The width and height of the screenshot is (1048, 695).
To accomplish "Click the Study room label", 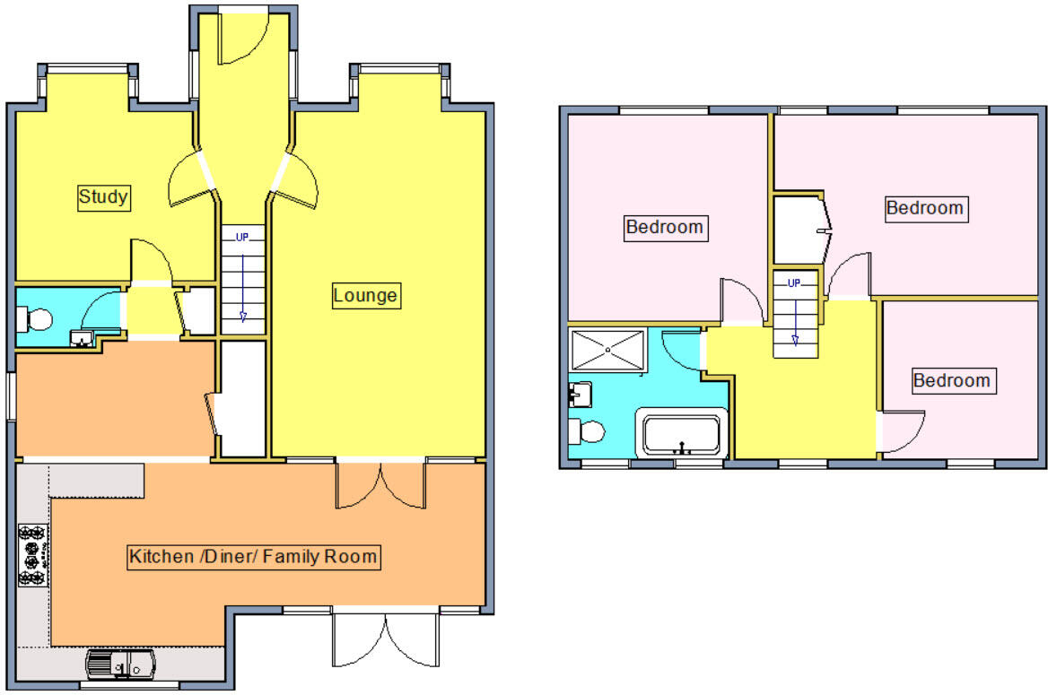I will [x=104, y=196].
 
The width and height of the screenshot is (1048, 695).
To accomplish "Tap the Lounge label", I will [x=364, y=294].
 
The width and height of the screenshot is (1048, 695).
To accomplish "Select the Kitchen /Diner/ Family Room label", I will [x=254, y=557].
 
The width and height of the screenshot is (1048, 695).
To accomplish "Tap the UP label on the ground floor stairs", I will [x=242, y=238].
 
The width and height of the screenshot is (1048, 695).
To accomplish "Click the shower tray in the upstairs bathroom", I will [x=607, y=349].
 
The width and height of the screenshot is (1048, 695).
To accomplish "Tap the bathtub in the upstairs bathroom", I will [x=682, y=434].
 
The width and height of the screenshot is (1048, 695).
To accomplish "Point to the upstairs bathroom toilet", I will [x=587, y=432].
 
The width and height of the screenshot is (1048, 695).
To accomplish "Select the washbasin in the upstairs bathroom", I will [x=579, y=393].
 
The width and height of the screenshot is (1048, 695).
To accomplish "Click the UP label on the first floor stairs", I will [x=794, y=283].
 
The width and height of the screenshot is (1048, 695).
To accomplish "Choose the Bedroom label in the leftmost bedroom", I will [x=664, y=227].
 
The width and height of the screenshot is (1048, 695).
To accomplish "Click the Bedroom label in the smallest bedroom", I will [x=951, y=380].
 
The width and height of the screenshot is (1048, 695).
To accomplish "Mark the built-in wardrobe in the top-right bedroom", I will [x=798, y=230].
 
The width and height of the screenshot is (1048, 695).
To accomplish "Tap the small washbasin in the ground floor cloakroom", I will [x=83, y=338].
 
